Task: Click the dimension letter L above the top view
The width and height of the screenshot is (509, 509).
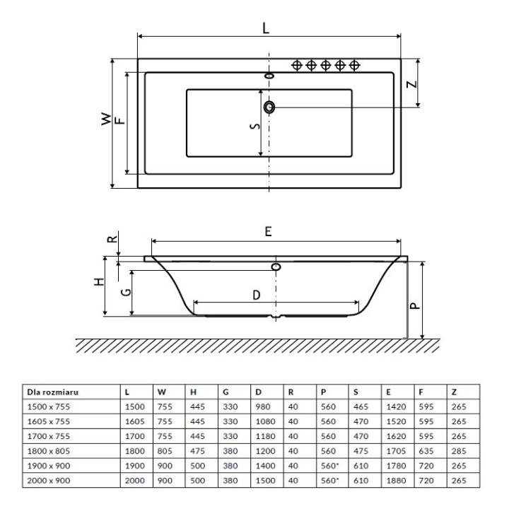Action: click(x=266, y=29)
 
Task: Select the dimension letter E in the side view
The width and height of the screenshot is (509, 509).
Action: click(x=269, y=231)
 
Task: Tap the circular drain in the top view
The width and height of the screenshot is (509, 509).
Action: click(x=269, y=107)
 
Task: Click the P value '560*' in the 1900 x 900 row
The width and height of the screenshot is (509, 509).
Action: click(x=330, y=466)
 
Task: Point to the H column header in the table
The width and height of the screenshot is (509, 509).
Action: click(x=191, y=390)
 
